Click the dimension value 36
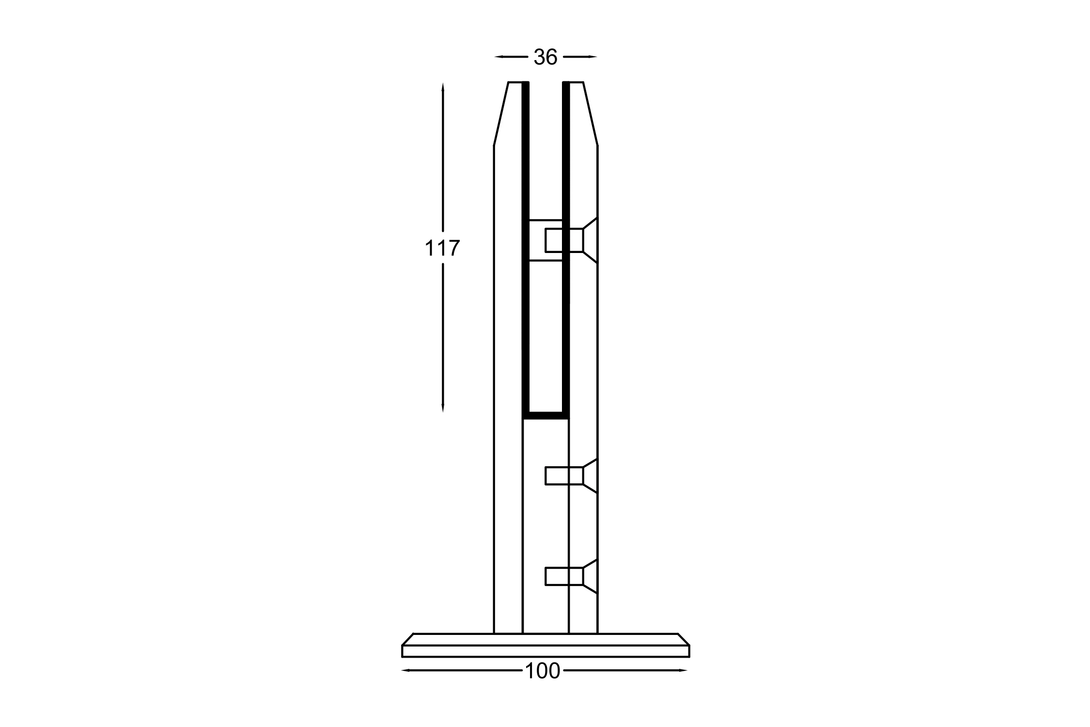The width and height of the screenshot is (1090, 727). (545, 57)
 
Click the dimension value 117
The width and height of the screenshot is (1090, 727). (442, 248)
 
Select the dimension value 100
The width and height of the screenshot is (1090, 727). (543, 671)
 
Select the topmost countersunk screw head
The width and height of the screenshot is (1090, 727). (590, 240)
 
